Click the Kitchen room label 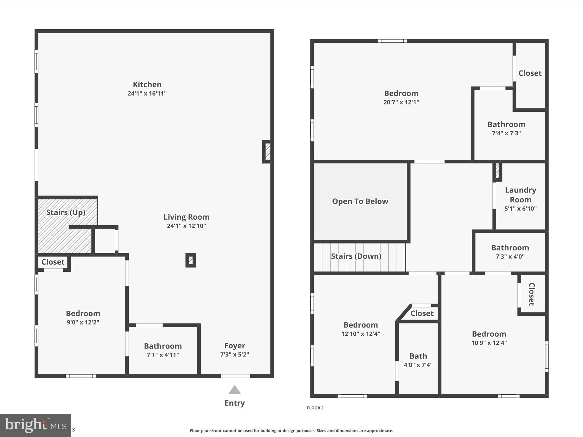click(x=147, y=84)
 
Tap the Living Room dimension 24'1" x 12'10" click(x=186, y=226)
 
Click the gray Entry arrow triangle click(x=235, y=390)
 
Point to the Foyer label click(x=235, y=346)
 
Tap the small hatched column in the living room click(x=191, y=260)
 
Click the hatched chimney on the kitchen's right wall click(x=268, y=152)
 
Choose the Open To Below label click(x=360, y=201)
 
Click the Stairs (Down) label click(x=356, y=256)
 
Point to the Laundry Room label click(x=520, y=195)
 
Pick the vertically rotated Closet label click(x=531, y=294)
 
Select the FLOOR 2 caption click(x=315, y=408)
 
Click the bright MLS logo click(x=36, y=425)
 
